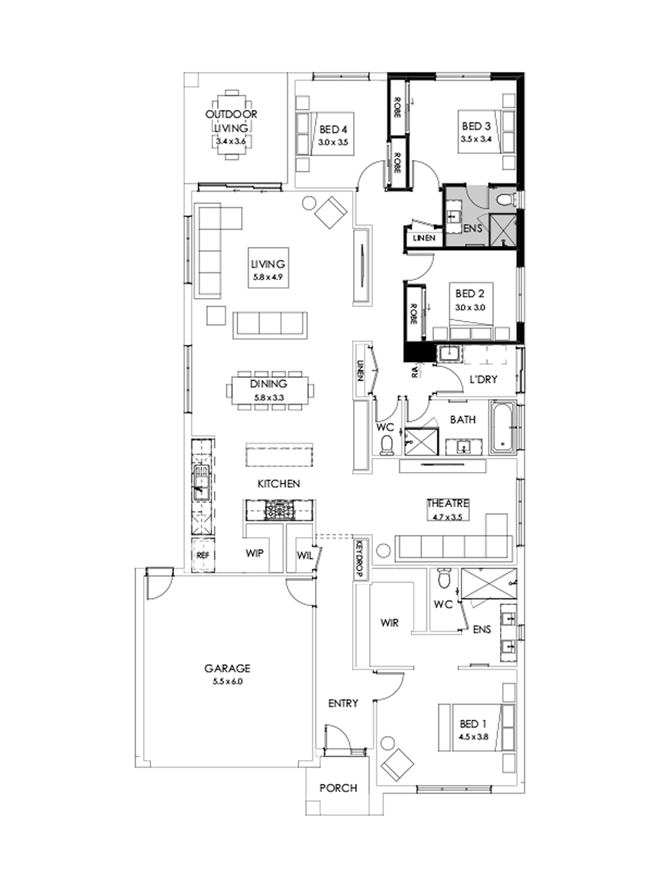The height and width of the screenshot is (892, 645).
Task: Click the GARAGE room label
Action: [x=226, y=668]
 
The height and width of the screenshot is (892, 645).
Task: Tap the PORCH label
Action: [x=338, y=788]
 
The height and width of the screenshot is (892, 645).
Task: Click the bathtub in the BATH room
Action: [x=505, y=427]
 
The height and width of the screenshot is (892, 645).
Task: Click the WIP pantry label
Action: [x=256, y=555]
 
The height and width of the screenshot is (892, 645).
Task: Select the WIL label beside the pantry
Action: [x=304, y=555]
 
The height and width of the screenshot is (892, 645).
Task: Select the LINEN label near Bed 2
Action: [x=422, y=239]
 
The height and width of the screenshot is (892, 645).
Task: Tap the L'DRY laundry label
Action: [x=484, y=379]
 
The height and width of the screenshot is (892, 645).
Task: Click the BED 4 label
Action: [x=333, y=130]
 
